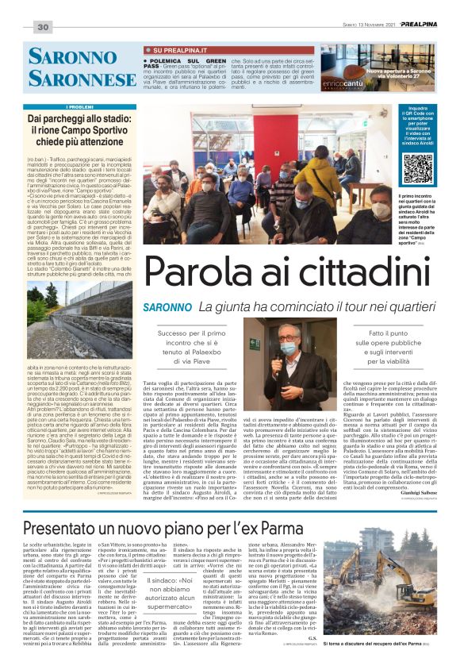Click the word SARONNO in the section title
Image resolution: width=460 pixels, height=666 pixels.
(72, 56)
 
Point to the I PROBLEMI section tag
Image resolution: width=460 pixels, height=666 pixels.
(80, 106)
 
